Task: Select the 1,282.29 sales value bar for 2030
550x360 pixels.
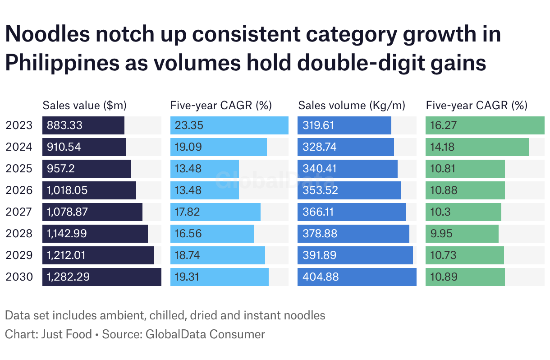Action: coord(101,277)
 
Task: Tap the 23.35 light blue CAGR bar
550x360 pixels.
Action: coord(229,125)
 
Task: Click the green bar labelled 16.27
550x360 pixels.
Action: coord(485,125)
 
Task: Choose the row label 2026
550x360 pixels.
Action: coord(19,190)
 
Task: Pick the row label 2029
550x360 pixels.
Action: coord(19,255)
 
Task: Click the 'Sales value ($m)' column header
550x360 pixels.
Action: coord(84,106)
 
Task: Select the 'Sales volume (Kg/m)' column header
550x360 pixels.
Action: coord(352,106)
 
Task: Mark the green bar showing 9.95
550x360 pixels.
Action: coord(462,234)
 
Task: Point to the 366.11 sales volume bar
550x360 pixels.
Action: coord(351,212)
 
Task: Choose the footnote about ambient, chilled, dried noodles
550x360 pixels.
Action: coord(165,315)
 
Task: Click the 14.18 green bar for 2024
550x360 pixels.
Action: coord(477,147)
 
